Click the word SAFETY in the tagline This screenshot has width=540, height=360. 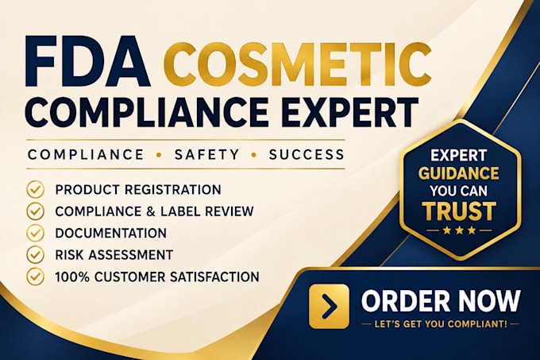(x=206, y=155)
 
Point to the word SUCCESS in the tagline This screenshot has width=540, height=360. (x=307, y=155)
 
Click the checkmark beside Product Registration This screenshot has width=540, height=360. (x=35, y=190)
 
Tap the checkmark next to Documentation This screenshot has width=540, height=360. (x=35, y=233)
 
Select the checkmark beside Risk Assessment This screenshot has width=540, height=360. (x=35, y=255)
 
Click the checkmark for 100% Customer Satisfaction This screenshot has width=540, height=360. (x=35, y=277)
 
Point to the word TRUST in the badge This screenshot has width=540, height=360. (x=460, y=211)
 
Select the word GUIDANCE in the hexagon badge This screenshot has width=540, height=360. (x=459, y=173)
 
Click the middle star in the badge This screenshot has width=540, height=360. (x=460, y=230)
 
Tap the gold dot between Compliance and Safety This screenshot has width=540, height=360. (x=159, y=156)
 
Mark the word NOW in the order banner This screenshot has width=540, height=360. (x=490, y=300)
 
